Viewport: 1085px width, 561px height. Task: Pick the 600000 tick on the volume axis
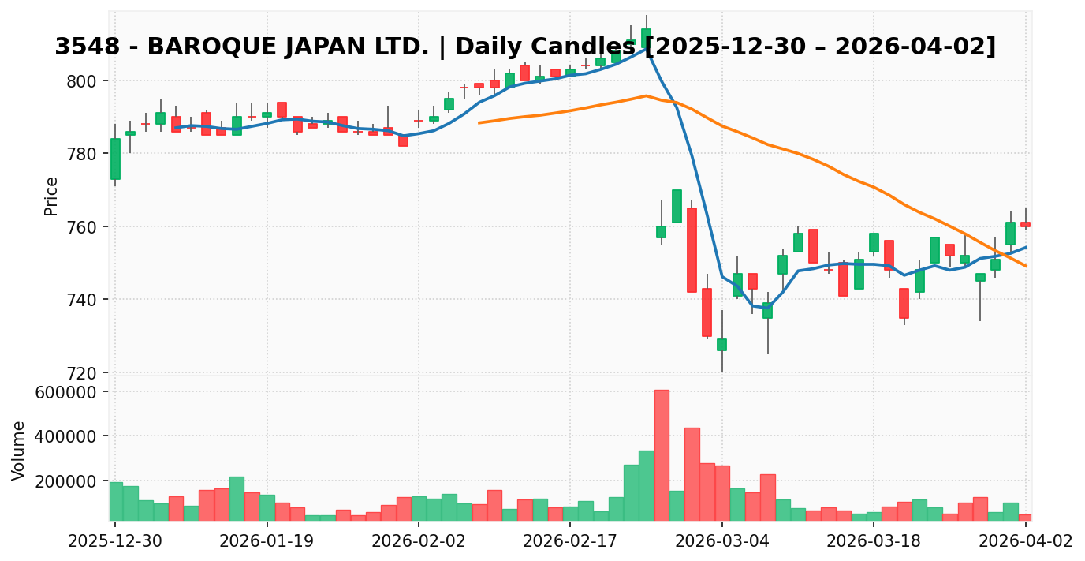62,392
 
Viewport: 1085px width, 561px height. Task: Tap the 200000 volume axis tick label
62,481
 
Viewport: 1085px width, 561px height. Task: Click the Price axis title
51,196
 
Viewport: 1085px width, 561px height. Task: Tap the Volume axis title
19,451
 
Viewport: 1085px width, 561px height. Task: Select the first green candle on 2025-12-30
115,159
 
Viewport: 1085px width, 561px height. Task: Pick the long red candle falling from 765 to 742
692,250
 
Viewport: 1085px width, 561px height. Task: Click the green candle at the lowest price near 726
721,345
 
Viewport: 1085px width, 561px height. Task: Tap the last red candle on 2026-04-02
1025,224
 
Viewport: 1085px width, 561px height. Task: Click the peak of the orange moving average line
646,95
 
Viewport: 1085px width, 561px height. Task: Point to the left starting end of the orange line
479,122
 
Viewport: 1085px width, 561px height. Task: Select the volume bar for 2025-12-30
115,501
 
